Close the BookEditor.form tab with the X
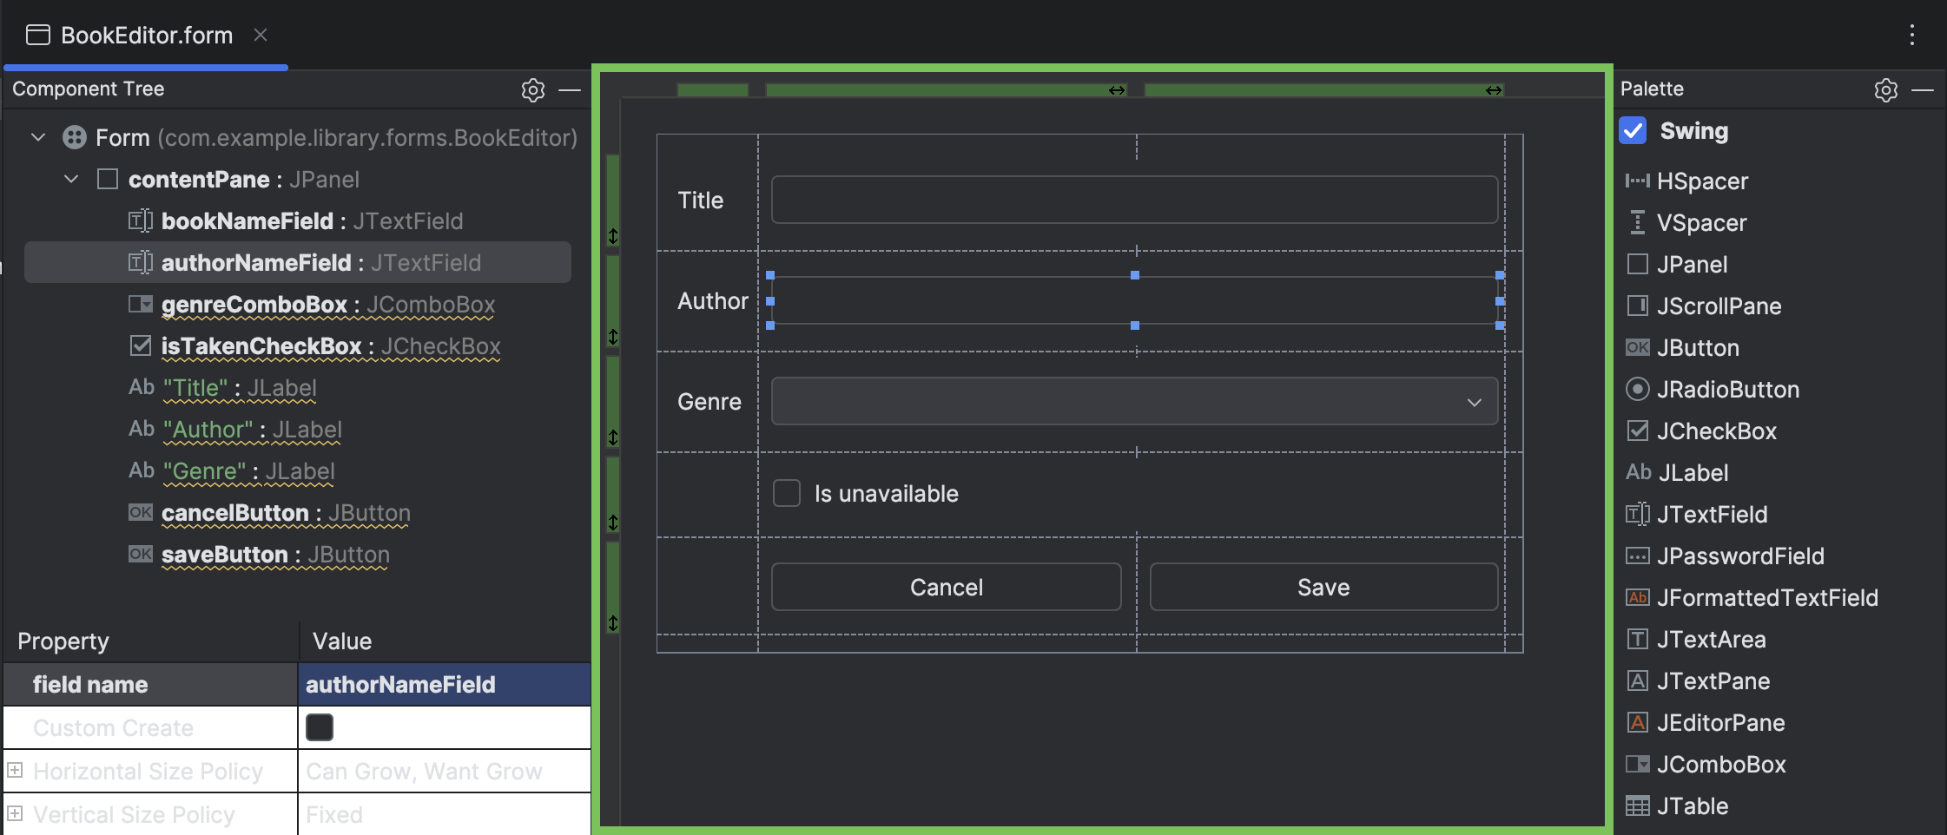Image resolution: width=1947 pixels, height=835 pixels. pyautogui.click(x=260, y=35)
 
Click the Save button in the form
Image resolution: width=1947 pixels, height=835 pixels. pyautogui.click(x=1323, y=588)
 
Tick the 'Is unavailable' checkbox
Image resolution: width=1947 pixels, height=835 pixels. pyautogui.click(x=787, y=494)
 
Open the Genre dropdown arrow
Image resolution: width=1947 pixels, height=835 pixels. pyautogui.click(x=1474, y=402)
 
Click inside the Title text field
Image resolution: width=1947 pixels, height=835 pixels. pyautogui.click(x=1133, y=201)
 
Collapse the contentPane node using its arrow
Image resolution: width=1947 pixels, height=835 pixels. pyautogui.click(x=72, y=180)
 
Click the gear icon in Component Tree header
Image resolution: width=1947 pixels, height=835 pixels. pyautogui.click(x=532, y=89)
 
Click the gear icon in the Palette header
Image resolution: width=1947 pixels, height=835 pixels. pyautogui.click(x=1885, y=89)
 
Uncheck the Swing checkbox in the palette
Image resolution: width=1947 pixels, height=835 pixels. pyautogui.click(x=1633, y=131)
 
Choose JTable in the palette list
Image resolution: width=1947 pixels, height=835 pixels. pyautogui.click(x=1692, y=806)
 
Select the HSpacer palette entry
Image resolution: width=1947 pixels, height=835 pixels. pyautogui.click(x=1701, y=181)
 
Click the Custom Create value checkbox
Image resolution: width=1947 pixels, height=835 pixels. pyautogui.click(x=320, y=727)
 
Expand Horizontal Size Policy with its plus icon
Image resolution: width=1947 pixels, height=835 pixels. pyautogui.click(x=15, y=771)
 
